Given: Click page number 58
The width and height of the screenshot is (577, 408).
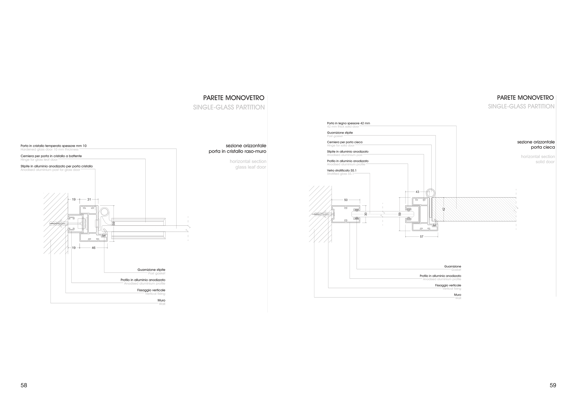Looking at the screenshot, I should tap(24, 385).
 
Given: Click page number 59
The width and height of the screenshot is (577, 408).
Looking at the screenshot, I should tap(553, 385).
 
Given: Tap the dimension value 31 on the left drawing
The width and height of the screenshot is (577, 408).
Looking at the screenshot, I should tap(89, 199).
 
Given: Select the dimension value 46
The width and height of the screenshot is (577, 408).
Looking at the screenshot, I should tap(93, 248).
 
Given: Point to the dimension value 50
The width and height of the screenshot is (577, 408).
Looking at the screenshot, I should tap(346, 200).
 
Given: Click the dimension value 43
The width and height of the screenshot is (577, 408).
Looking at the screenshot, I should tap(418, 192).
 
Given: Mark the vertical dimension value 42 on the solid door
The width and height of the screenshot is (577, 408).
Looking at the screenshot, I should tap(444, 209).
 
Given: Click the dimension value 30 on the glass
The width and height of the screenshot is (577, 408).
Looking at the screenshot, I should tap(366, 214).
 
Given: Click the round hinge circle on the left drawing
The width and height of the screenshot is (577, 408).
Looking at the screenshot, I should tap(104, 212).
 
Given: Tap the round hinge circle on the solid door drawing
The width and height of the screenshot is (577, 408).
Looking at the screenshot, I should tap(430, 193).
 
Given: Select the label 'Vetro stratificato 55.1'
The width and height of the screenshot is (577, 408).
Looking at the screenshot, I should tap(342, 170).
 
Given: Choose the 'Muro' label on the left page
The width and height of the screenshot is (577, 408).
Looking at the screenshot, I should tap(161, 300).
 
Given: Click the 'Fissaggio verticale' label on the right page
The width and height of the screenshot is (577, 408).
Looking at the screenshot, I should tap(448, 285).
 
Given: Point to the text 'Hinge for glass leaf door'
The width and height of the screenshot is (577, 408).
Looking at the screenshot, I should tap(39, 159).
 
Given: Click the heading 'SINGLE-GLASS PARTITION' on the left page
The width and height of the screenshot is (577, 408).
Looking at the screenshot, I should tap(229, 107).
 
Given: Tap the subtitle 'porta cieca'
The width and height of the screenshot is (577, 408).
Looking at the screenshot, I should tap(543, 147).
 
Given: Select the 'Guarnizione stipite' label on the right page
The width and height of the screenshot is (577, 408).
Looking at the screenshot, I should tap(340, 133).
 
